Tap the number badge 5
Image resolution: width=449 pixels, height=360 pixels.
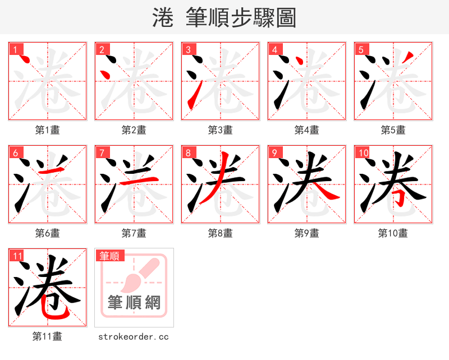(361, 49)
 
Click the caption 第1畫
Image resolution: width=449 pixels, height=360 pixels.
(47, 130)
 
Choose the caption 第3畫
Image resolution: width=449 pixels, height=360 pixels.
(220, 130)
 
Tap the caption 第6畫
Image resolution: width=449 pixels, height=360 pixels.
(47, 233)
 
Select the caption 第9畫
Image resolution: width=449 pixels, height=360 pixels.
(306, 233)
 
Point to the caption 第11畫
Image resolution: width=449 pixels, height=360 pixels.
(47, 336)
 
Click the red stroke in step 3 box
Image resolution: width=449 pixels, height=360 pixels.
(192, 94)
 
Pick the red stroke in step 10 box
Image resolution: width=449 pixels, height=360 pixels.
(397, 196)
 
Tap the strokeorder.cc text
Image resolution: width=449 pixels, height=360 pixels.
(134, 337)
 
